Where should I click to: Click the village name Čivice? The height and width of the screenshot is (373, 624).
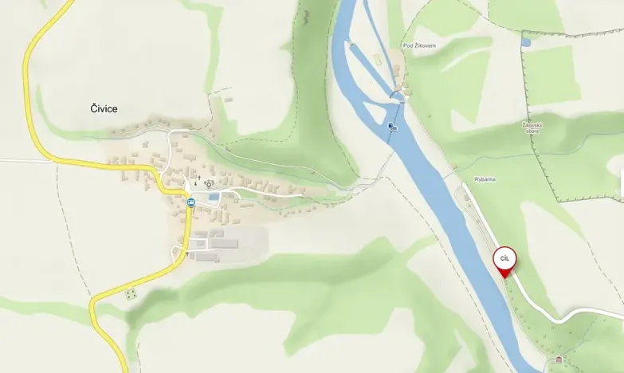tap(104, 109)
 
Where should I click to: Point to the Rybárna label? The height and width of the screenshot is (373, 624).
tap(485, 179)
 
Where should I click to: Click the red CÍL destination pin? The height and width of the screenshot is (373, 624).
tap(504, 259)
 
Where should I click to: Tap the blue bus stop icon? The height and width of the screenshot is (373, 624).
tap(190, 202)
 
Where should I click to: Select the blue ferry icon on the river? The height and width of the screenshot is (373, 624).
tap(390, 126)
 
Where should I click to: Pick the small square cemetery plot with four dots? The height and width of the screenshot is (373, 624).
tap(131, 294)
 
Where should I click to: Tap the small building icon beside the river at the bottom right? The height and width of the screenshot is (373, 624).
tap(559, 359)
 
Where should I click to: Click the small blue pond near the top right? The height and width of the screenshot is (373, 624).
tap(525, 41)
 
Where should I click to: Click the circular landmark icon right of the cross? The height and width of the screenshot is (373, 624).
tap(210, 183)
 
